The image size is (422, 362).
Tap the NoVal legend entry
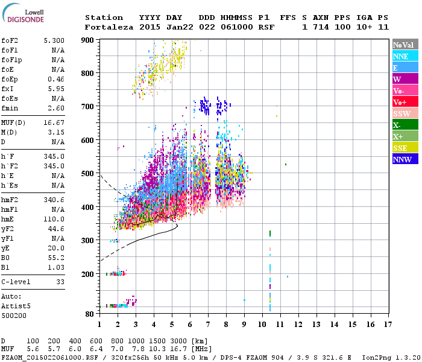click(403, 45)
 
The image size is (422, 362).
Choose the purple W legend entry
click(403, 79)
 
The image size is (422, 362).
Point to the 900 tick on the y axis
click(88, 40)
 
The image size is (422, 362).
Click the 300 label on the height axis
click(88, 240)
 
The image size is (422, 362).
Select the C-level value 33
click(60, 282)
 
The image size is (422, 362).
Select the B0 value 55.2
click(57, 258)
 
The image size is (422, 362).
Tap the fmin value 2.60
click(57, 108)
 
